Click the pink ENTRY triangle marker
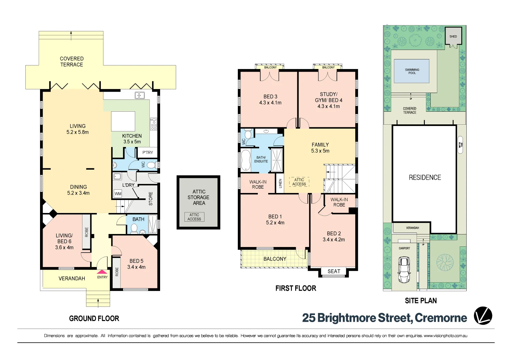click(102, 272)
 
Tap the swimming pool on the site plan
click(412, 71)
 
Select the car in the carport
click(404, 270)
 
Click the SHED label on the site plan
click(453, 36)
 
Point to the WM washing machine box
click(118, 194)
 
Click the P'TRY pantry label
click(147, 153)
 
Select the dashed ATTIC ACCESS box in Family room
click(299, 182)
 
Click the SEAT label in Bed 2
click(334, 271)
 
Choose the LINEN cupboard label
click(280, 183)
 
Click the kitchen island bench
click(123, 121)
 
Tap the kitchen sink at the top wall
click(139, 96)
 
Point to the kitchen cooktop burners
click(153, 124)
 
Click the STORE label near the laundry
click(151, 199)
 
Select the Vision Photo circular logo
click(483, 316)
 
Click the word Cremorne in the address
click(441, 318)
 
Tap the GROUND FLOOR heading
click(94, 319)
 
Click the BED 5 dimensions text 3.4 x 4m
click(136, 267)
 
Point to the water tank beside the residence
click(461, 145)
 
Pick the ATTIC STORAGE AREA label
click(199, 197)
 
